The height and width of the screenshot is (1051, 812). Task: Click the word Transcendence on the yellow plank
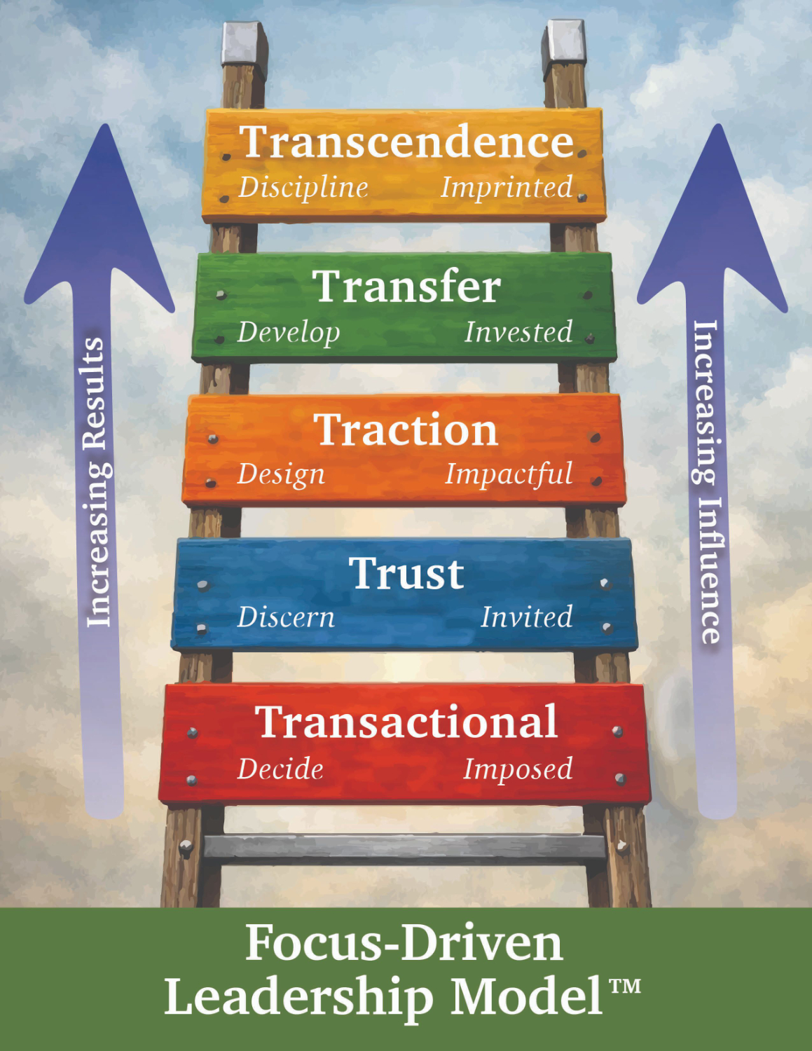407,142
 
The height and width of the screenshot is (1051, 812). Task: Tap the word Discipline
303,188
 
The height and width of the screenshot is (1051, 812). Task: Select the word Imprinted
507,188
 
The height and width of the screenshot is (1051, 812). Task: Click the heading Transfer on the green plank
407,287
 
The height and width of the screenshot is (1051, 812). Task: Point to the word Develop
289,333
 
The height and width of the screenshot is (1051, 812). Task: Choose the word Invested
518,332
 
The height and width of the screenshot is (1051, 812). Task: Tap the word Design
281,475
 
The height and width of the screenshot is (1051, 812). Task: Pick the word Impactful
509,474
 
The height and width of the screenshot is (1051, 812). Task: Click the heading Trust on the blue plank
406,574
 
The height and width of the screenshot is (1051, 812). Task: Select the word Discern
286,617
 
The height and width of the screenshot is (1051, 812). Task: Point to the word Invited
526,617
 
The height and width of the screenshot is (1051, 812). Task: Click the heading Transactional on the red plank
406,722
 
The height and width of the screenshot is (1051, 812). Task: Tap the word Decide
280,769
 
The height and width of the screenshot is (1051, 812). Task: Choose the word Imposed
518,769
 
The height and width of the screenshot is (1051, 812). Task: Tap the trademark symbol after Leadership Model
625,987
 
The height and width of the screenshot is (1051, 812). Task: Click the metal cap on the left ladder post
244,43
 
